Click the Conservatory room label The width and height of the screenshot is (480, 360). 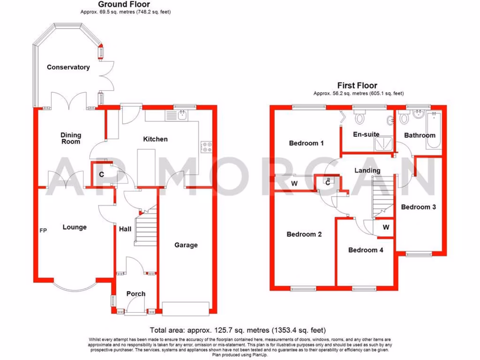(x=68, y=67)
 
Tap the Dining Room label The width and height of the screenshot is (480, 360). (x=71, y=138)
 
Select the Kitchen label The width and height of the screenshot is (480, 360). (x=155, y=139)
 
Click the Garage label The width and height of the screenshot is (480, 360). (x=186, y=245)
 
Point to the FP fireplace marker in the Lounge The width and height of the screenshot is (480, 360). (x=43, y=231)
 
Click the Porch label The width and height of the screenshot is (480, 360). (x=136, y=294)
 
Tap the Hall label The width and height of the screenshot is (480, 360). (x=126, y=229)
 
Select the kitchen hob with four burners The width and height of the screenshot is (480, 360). (x=206, y=147)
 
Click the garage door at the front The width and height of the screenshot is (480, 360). (x=185, y=307)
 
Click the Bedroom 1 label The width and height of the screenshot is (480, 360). (x=306, y=143)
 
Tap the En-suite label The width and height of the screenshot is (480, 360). (x=366, y=134)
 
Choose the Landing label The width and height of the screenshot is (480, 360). (x=367, y=171)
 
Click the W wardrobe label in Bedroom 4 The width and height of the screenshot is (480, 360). (x=385, y=227)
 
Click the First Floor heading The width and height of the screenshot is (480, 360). (x=357, y=85)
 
